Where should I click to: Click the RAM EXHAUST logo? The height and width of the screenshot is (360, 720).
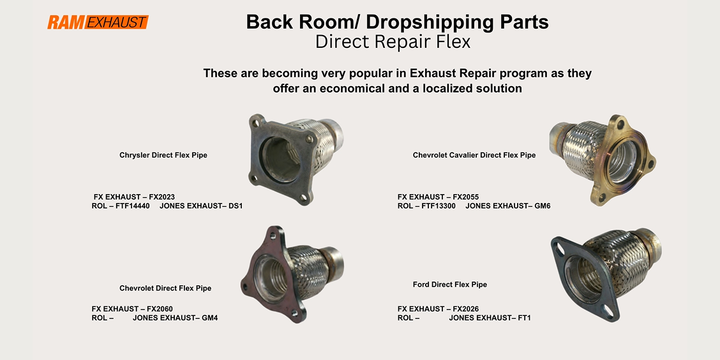coord(98,22)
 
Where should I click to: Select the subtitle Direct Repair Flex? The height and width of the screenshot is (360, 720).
coord(393,41)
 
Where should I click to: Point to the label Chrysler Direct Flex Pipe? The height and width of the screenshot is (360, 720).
coord(163,155)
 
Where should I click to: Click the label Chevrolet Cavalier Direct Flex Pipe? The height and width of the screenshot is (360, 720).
coord(474,155)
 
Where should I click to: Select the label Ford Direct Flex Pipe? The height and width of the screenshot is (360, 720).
coord(450,285)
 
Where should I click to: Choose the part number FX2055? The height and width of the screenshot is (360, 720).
coord(465,197)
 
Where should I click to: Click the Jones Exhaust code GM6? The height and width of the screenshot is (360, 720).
coord(543,206)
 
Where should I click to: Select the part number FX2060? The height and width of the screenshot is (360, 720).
coord(160,308)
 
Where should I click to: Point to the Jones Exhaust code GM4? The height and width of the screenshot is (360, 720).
coord(209,318)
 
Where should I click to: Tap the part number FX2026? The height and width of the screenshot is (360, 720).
coord(465,308)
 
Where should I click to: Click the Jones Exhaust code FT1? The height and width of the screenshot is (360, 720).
coord(524,318)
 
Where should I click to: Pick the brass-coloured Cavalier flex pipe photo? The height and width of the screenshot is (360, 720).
coord(601,160)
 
